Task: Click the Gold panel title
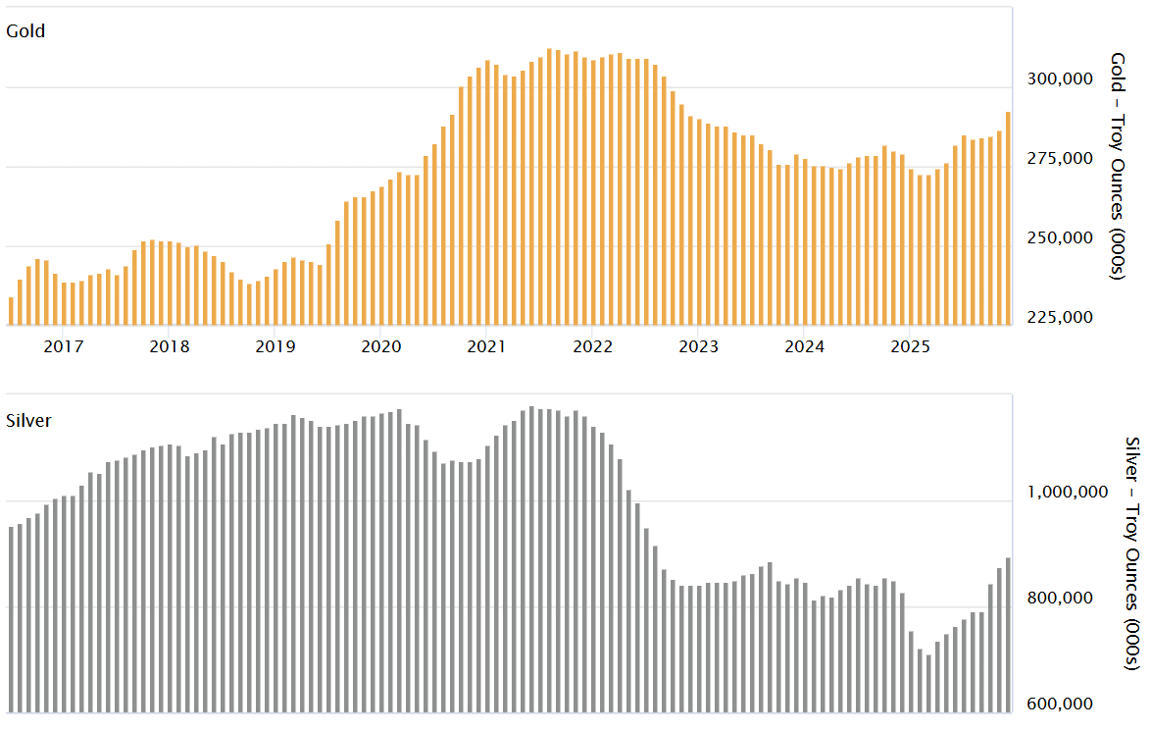tap(25, 30)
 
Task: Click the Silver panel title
tap(28, 420)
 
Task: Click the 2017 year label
tap(64, 346)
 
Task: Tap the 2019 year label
tap(275, 346)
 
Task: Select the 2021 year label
tap(487, 346)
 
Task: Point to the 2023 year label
tap(699, 346)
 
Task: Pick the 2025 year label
tap(911, 346)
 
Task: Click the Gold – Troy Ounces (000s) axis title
tap(1118, 166)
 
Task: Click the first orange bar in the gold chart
tap(11, 310)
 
